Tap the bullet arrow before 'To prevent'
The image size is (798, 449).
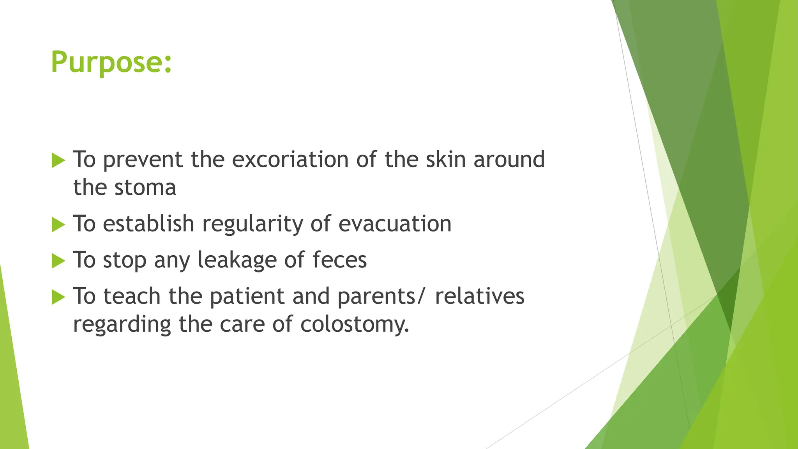58,160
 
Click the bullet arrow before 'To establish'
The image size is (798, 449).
58,224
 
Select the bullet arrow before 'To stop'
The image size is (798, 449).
58,261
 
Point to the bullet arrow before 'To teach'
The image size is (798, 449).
58,297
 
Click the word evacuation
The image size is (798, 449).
395,224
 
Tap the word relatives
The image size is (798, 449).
480,296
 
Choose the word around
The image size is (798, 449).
509,159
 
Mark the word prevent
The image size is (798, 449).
143,160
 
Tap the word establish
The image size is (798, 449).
148,224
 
